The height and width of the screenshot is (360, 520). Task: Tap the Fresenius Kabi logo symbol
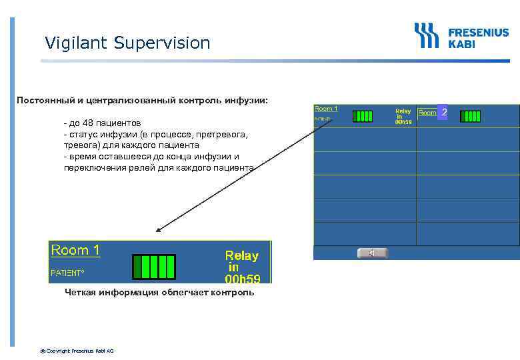pos(427,35)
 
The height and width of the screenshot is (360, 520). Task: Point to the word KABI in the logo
pos(462,44)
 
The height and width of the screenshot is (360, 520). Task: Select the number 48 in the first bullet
pos(89,124)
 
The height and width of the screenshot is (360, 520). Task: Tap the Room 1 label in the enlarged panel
pos(75,251)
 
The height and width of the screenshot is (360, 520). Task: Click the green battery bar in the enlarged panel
pos(153,266)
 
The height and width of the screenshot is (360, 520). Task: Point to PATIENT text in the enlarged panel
pos(67,273)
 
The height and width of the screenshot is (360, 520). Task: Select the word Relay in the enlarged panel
pos(241,255)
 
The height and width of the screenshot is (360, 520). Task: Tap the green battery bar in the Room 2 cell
pos(470,115)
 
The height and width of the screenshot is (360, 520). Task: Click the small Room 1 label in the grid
pos(326,109)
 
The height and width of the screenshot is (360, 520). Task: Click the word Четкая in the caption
pos(80,292)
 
